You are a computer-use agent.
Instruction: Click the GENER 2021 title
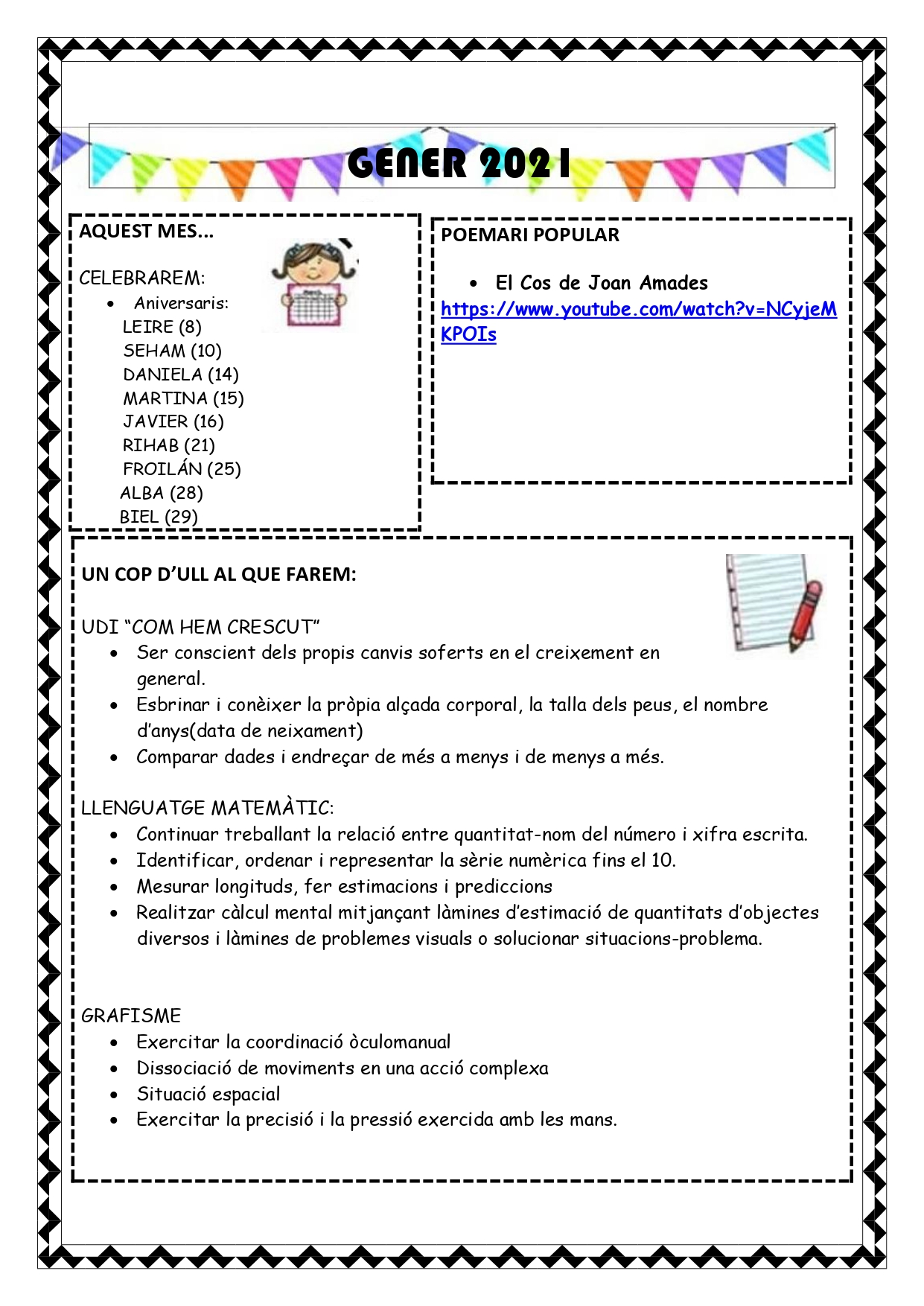click(x=459, y=164)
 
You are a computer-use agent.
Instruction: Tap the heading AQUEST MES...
click(x=146, y=232)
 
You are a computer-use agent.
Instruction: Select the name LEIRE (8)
click(x=162, y=327)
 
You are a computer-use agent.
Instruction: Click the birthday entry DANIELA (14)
click(x=180, y=375)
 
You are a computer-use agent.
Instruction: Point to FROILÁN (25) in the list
click(x=182, y=469)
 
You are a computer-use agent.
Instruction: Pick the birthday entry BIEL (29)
click(x=158, y=517)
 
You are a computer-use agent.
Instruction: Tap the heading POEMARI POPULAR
click(x=529, y=235)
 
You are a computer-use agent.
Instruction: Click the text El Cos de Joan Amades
click(x=601, y=283)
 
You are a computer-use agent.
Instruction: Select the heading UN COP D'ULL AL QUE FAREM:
click(x=219, y=574)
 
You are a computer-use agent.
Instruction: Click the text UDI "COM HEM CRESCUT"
click(x=200, y=627)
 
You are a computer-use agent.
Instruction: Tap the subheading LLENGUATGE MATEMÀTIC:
click(x=207, y=808)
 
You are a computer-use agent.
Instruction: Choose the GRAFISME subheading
click(x=131, y=1016)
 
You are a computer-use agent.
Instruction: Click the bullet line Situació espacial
click(x=208, y=1094)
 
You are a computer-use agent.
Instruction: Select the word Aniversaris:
click(x=181, y=303)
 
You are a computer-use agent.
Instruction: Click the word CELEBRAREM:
click(x=141, y=278)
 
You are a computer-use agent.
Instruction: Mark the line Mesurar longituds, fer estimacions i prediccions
click(x=344, y=886)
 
